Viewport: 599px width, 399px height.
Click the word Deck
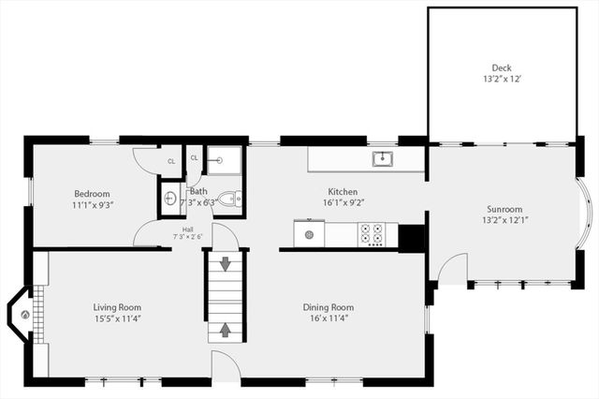(502, 67)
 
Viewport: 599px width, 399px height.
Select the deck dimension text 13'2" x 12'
(502, 80)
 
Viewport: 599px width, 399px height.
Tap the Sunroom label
(504, 209)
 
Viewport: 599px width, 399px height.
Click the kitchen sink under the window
(382, 158)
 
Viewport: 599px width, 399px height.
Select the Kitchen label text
(342, 191)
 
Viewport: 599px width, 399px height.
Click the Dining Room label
(328, 306)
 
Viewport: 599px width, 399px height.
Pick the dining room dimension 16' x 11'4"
(328, 318)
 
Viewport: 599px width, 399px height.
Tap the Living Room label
(117, 306)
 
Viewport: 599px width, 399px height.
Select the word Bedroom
(92, 194)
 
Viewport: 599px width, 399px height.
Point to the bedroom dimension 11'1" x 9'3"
(92, 205)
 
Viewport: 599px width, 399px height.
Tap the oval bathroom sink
(170, 198)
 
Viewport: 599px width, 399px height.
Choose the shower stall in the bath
(224, 160)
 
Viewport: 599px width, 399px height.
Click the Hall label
(187, 228)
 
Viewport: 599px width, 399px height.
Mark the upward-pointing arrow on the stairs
(226, 329)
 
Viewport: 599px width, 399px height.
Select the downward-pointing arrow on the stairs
(226, 265)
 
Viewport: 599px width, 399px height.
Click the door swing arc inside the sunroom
(452, 269)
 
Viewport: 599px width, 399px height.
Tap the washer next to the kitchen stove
(308, 232)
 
